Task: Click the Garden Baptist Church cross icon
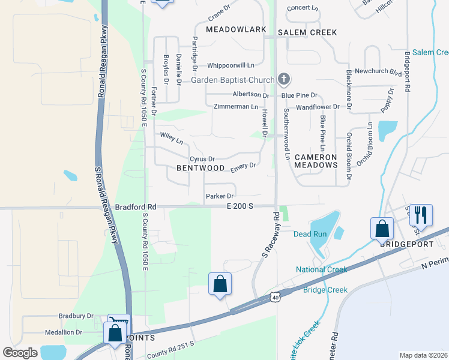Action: [x=284, y=79]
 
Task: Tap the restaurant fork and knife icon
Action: [x=421, y=215]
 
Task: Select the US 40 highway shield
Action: [x=275, y=297]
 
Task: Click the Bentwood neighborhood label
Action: [x=200, y=169]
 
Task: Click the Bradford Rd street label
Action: [x=136, y=206]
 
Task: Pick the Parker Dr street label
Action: [x=219, y=196]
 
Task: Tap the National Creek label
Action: [x=321, y=269]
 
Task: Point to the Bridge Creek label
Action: [x=325, y=290]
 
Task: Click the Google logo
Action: [x=20, y=352]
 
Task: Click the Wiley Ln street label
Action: [x=171, y=139]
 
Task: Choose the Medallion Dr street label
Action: [x=64, y=332]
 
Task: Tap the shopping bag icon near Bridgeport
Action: [x=382, y=228]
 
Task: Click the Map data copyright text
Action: [x=423, y=355]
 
